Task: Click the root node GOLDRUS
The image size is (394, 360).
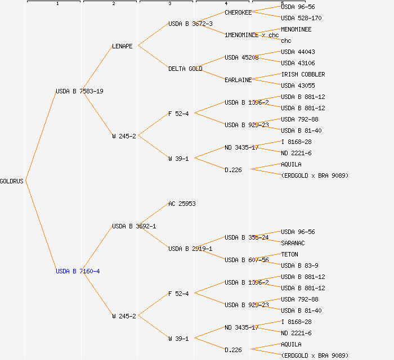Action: point(12,181)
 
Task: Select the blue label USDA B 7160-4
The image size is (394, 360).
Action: point(78,271)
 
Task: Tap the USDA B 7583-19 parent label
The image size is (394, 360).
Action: point(79,91)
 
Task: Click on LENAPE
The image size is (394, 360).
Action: point(122,46)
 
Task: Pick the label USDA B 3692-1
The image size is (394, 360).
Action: point(134,226)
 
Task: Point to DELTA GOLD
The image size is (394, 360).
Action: point(185,69)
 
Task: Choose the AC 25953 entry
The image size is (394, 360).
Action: point(182,204)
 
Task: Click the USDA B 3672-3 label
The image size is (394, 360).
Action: point(190,24)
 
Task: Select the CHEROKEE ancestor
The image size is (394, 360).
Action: point(238,12)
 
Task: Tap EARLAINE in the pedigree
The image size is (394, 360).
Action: point(238,80)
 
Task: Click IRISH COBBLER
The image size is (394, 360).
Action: point(303,74)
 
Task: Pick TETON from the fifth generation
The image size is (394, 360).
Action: point(289,254)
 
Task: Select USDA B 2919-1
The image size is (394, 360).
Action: point(190,249)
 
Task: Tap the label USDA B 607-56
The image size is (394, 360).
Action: point(247,260)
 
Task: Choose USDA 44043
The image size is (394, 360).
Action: point(298,52)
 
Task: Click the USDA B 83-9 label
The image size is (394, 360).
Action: point(299,265)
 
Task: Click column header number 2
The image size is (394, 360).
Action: point(113,4)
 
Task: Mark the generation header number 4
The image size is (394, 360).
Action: point(226,4)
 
